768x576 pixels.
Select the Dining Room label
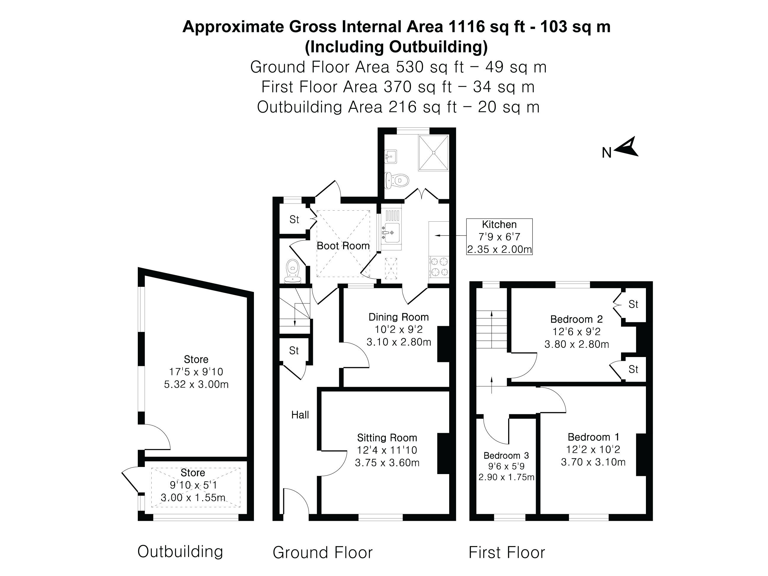[x=398, y=317]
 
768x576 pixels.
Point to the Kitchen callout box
[x=499, y=237]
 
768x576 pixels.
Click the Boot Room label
[x=343, y=246]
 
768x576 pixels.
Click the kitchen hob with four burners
[x=439, y=267]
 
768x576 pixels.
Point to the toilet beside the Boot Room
[x=292, y=271]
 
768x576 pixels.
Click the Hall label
[x=300, y=415]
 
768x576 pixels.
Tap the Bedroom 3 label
[x=506, y=455]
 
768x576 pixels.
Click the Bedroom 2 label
[x=576, y=319]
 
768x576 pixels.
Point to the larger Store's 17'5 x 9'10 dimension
[x=196, y=372]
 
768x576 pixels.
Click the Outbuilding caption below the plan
[x=180, y=551]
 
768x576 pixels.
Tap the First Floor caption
[x=507, y=552]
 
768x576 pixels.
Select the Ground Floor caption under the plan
[x=323, y=552]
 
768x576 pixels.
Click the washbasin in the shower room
[x=391, y=156]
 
